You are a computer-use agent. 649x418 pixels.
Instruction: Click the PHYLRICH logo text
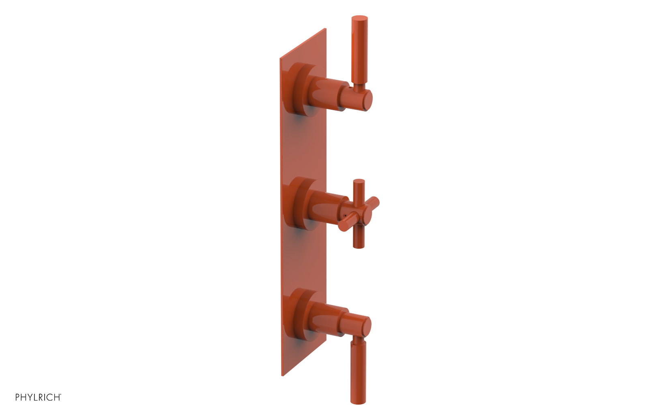coord(38,397)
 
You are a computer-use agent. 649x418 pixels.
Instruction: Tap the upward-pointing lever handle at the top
coord(359,49)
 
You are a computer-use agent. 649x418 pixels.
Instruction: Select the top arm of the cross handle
coord(359,190)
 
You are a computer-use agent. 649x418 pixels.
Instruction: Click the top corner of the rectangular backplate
coord(325,29)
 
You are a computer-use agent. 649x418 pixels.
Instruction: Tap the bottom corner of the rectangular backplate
coord(282,375)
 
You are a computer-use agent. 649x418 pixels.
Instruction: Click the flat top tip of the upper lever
coord(359,17)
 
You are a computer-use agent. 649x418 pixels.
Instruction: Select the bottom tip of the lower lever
coord(358,402)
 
